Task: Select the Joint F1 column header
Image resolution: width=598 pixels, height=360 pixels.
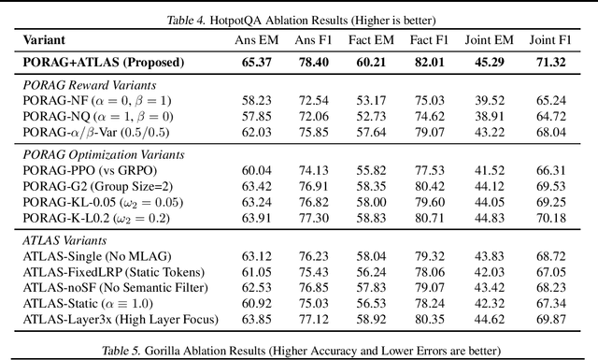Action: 551,41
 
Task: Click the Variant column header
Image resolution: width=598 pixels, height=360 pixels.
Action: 43,41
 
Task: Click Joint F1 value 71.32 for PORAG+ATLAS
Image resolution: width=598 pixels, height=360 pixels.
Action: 551,63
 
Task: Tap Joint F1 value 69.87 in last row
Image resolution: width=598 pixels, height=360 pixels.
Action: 551,318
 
